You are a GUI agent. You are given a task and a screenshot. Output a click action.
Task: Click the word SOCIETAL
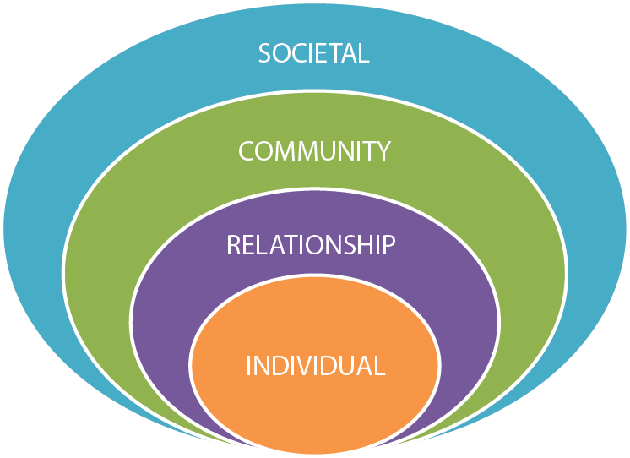click(x=314, y=53)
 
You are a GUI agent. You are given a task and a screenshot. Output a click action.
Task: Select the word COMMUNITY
click(x=314, y=151)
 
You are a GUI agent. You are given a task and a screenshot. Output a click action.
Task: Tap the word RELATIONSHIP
click(x=311, y=245)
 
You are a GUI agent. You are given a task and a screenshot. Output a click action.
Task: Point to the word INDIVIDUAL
click(x=315, y=366)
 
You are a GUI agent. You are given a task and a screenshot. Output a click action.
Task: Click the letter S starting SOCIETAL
click(x=265, y=53)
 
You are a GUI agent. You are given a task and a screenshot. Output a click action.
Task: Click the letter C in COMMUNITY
click(x=247, y=151)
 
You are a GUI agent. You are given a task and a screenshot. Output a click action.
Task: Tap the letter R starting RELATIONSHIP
click(x=234, y=245)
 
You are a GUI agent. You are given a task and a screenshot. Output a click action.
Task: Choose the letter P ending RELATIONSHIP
click(x=388, y=245)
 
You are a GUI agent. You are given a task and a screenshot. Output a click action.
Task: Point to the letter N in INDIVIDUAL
click(x=261, y=366)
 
